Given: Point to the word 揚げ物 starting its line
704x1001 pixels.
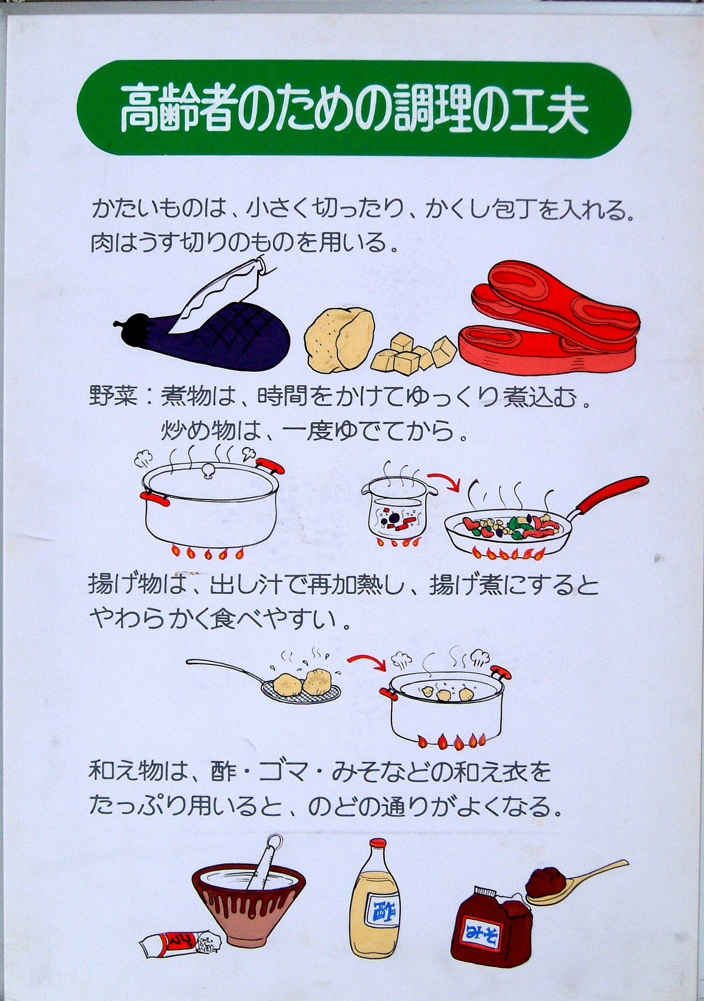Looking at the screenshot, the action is tap(125, 585).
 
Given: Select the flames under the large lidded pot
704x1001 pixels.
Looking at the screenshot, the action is tap(208, 552).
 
